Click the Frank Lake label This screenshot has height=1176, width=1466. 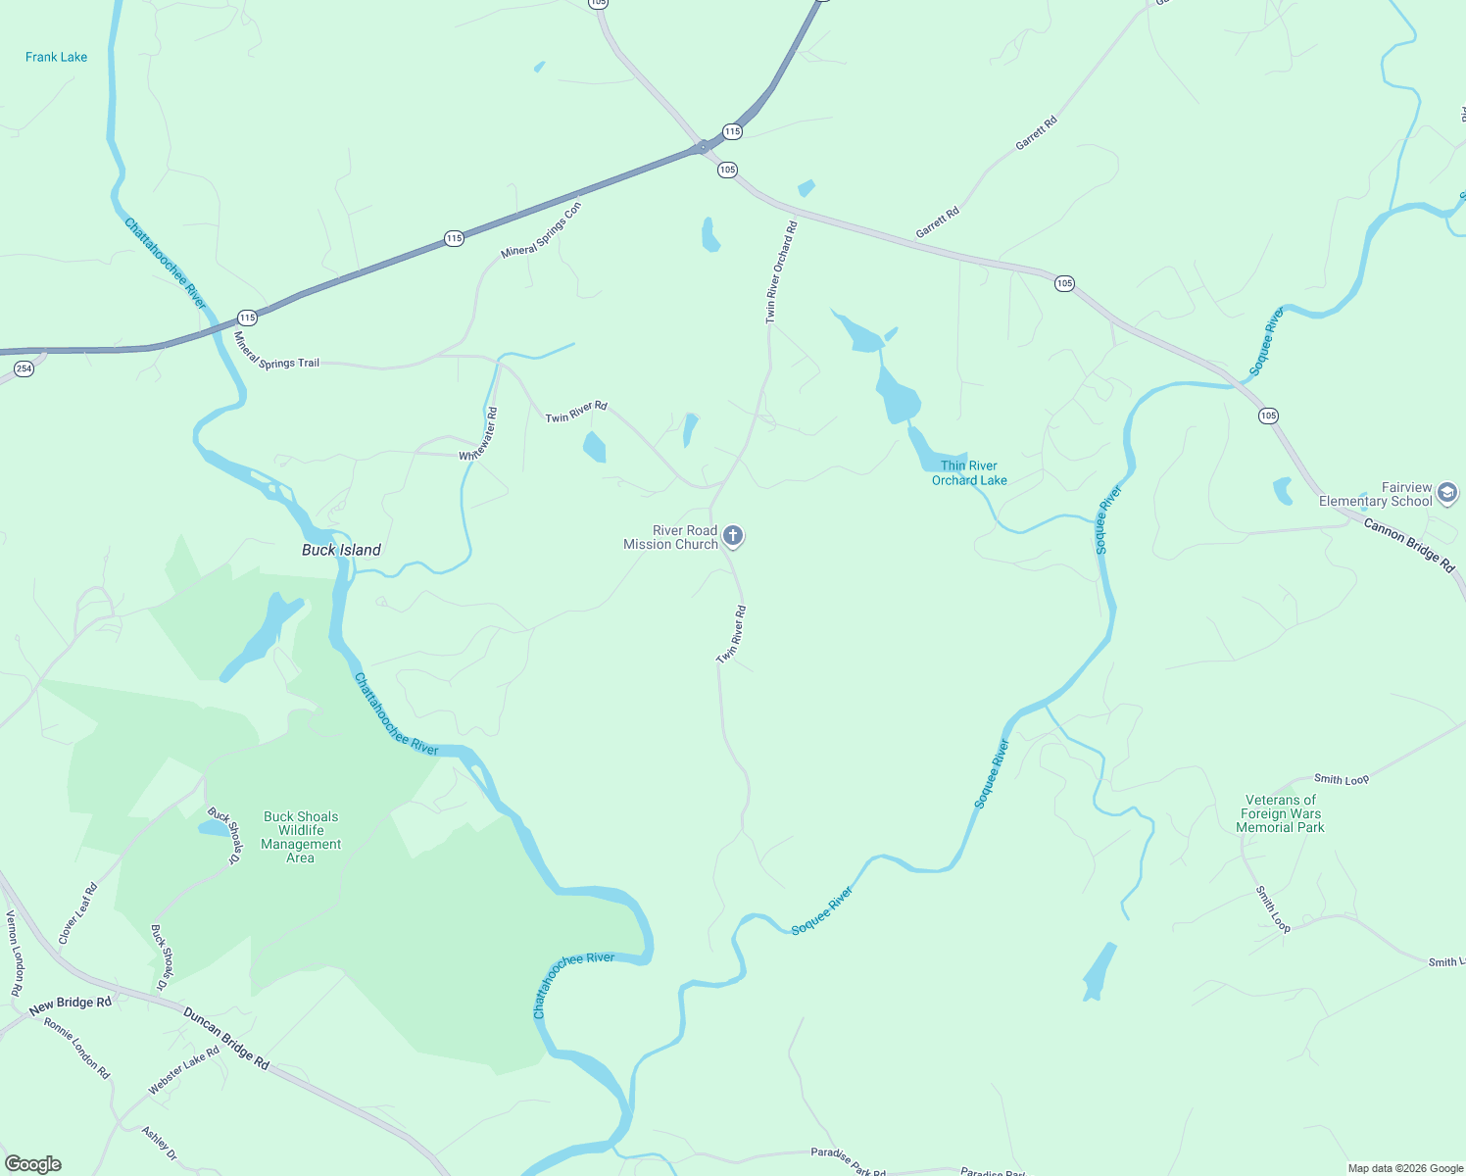pyautogui.click(x=56, y=57)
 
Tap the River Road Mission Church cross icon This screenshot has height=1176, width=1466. pyautogui.click(x=733, y=536)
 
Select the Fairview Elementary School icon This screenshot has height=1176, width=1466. pyautogui.click(x=1447, y=494)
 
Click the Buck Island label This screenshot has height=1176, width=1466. pyautogui.click(x=341, y=550)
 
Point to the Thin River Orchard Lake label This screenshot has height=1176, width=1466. pyautogui.click(x=969, y=473)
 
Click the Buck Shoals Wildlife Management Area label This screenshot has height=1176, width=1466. pyautogui.click(x=301, y=837)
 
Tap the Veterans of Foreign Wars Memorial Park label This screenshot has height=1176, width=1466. pyautogui.click(x=1280, y=813)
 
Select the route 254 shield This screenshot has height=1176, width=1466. pyautogui.click(x=24, y=368)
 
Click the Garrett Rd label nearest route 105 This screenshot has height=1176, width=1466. pyautogui.click(x=938, y=222)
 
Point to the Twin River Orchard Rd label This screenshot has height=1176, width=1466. pyautogui.click(x=781, y=272)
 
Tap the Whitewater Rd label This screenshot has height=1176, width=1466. pyautogui.click(x=479, y=434)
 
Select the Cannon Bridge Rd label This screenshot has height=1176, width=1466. pyautogui.click(x=1409, y=545)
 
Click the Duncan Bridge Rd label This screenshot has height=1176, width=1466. pyautogui.click(x=225, y=1038)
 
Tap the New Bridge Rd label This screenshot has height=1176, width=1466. pyautogui.click(x=71, y=1004)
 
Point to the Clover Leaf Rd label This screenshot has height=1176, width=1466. pyautogui.click(x=78, y=913)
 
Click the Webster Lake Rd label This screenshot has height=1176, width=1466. pyautogui.click(x=183, y=1070)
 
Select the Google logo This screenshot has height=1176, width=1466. pyautogui.click(x=32, y=1164)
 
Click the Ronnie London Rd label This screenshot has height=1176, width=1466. pyautogui.click(x=77, y=1048)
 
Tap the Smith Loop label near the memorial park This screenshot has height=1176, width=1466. pyautogui.click(x=1342, y=779)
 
